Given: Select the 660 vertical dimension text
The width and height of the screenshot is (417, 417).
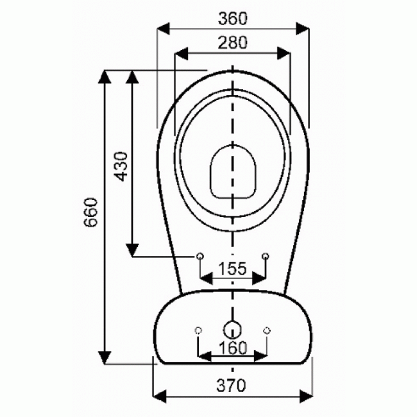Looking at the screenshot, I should [x=91, y=215].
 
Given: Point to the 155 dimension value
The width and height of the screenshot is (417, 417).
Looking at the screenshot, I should [x=232, y=269].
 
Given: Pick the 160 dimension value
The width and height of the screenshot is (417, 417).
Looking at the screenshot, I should [x=232, y=347].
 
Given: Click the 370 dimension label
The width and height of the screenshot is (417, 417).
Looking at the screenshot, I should [x=232, y=386].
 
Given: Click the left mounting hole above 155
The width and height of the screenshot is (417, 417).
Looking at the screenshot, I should [x=199, y=257].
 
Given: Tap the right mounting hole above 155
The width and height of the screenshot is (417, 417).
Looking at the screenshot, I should [x=266, y=257].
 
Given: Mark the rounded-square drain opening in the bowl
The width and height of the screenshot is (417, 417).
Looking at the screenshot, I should [x=232, y=171].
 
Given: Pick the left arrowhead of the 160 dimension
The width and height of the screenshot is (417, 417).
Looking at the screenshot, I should [x=202, y=355].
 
